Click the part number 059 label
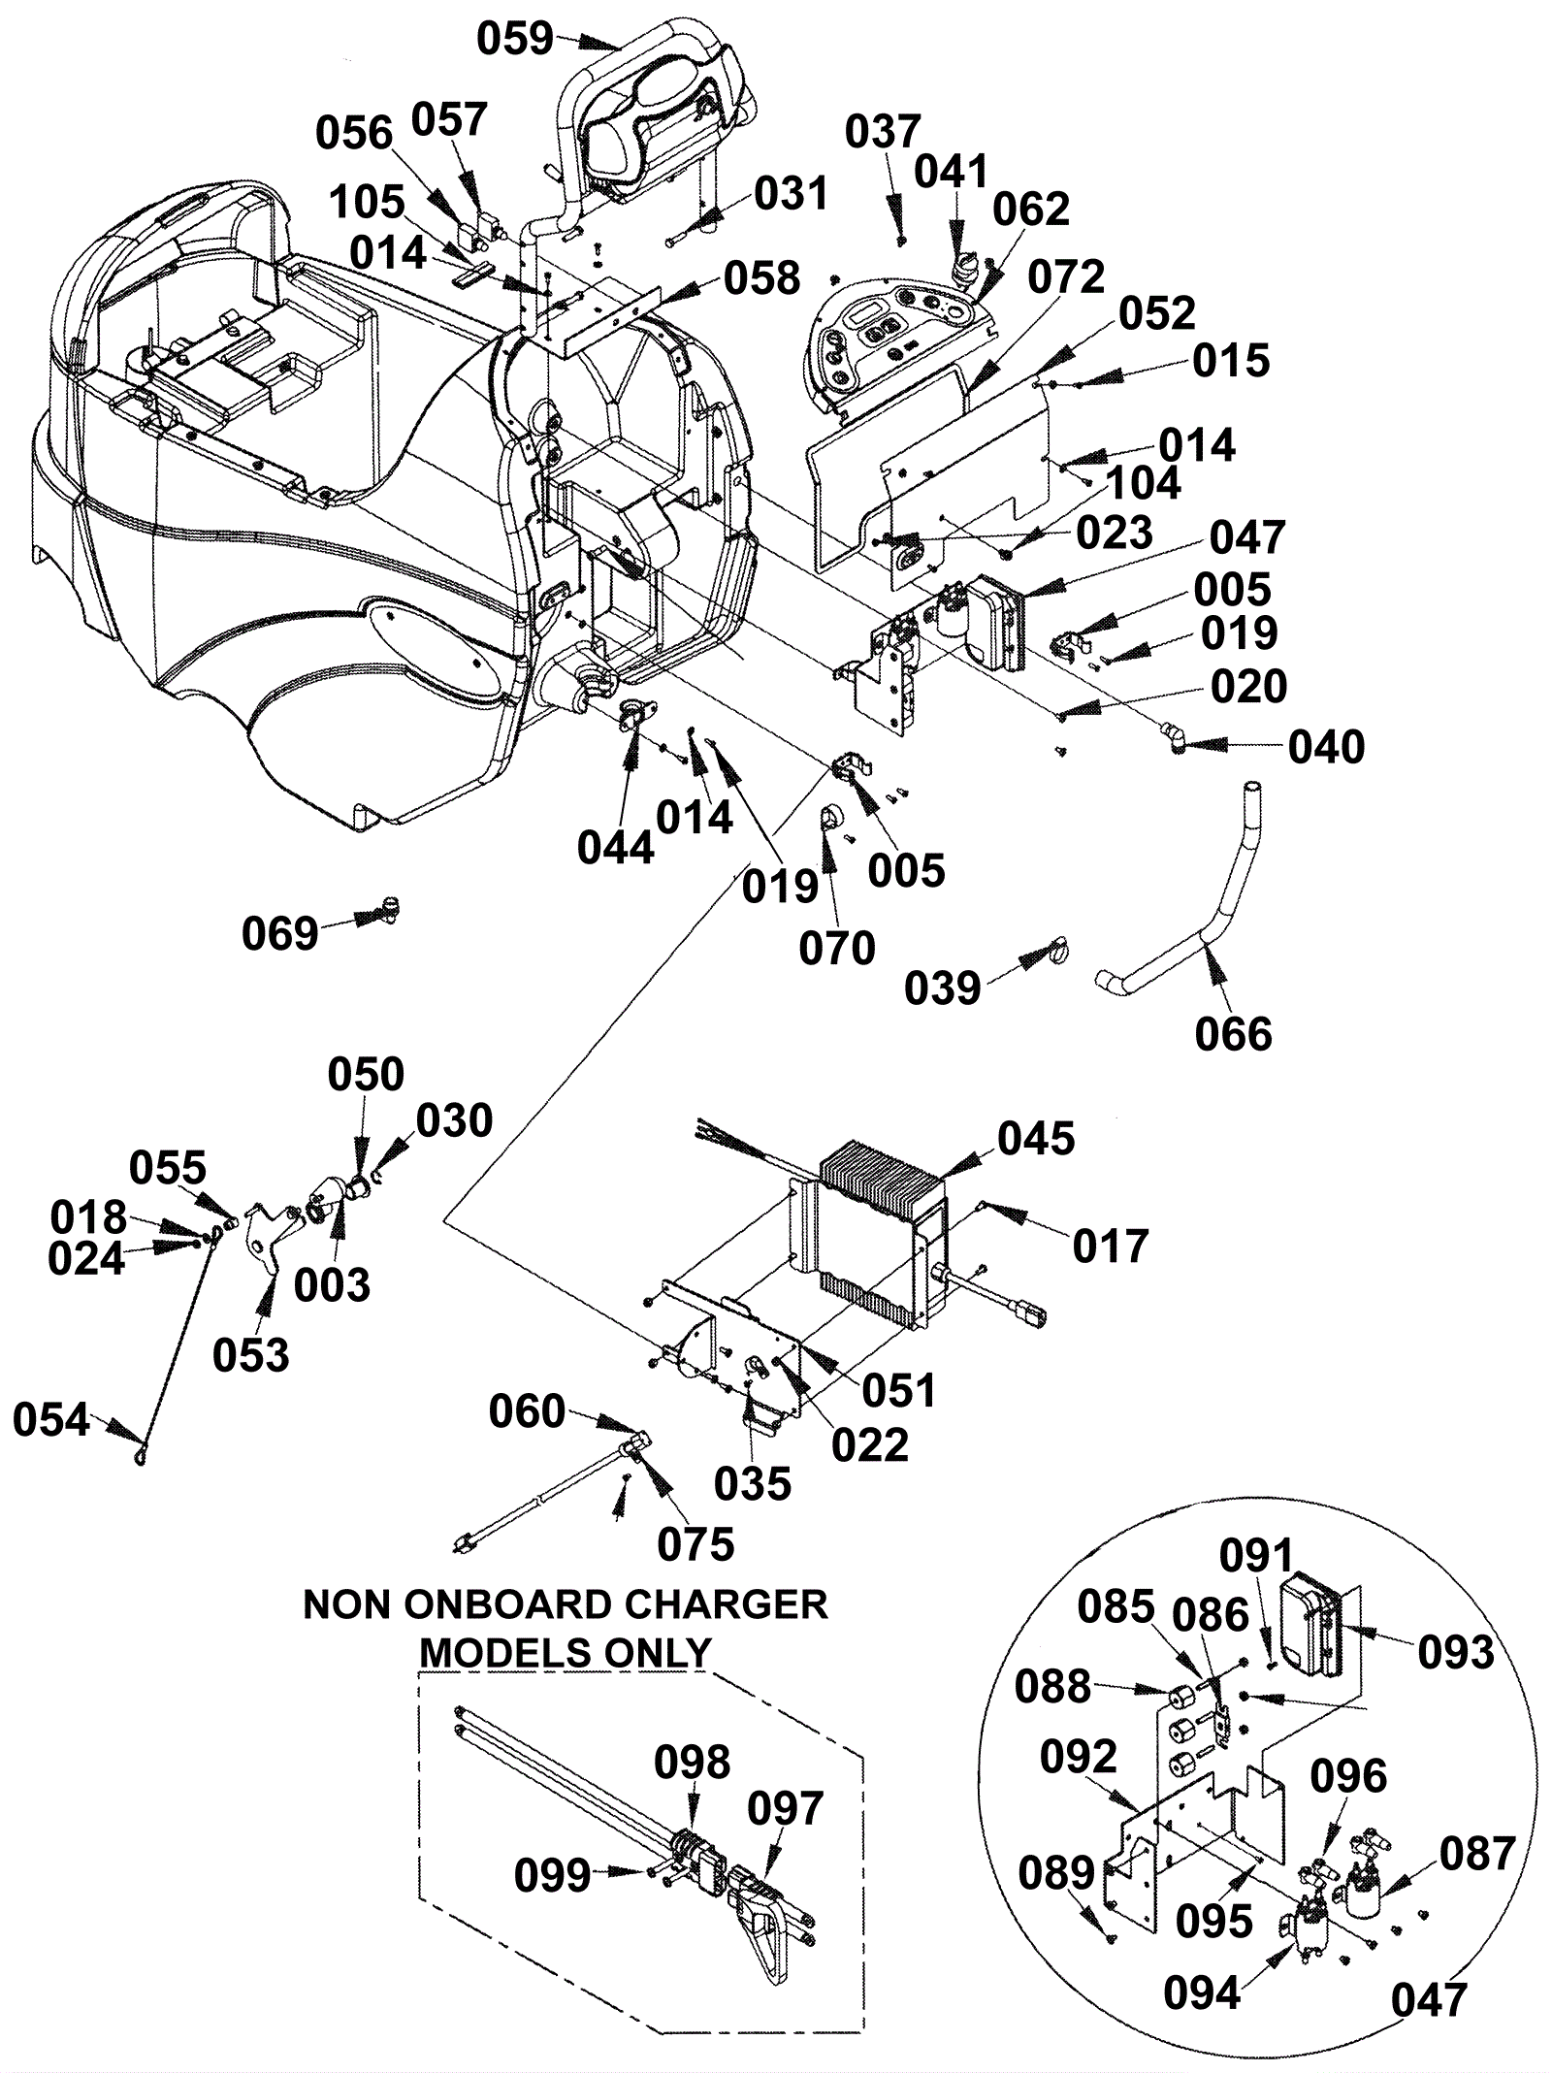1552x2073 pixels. coord(515,40)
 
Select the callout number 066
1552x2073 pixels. coord(1233,1035)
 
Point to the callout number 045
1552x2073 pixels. coord(1036,1139)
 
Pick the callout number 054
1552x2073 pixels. coord(51,1420)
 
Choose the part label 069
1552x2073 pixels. coord(280,934)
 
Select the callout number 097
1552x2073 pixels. coord(785,1809)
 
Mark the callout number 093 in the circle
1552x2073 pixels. coord(1455,1653)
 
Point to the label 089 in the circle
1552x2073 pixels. coord(1056,1874)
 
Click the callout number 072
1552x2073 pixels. coord(1066,278)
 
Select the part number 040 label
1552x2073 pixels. coord(1326,747)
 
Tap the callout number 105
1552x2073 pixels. coord(367,204)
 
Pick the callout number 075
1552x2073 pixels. coord(695,1546)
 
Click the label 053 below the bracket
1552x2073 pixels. coord(251,1355)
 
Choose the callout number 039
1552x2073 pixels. coord(943,988)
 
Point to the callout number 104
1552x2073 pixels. coord(1143,483)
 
